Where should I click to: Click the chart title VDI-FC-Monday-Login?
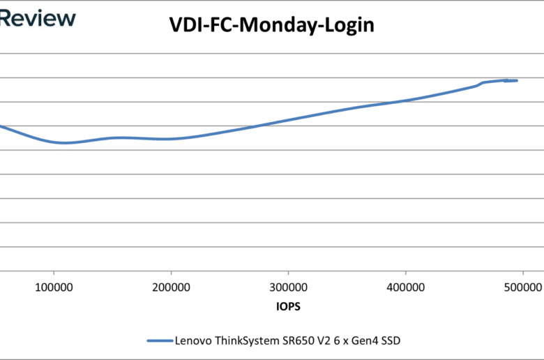coord(272,26)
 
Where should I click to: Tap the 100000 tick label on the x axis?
coord(54,287)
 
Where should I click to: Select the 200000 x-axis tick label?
coord(172,287)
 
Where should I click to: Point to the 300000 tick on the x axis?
coord(289,287)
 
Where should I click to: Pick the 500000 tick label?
coord(522,287)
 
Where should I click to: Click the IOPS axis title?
coord(288,306)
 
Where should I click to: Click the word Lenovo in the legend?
coord(192,340)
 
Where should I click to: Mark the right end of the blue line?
coord(517,81)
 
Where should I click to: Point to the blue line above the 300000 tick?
coord(289,119)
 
